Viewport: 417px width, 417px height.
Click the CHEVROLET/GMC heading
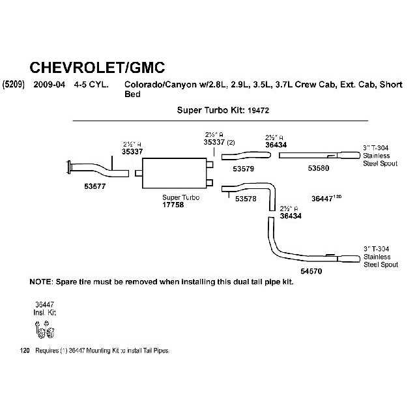(x=98, y=67)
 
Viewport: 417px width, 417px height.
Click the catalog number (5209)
(x=14, y=85)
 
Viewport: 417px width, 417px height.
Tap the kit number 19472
(x=259, y=111)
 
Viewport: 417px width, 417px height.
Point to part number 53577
(x=95, y=186)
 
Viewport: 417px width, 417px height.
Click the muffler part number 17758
(x=173, y=205)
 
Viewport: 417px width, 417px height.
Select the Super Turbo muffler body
(x=174, y=173)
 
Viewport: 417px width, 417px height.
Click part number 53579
(x=243, y=169)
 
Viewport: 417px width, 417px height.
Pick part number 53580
(x=319, y=169)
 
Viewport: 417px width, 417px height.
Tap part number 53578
(x=246, y=198)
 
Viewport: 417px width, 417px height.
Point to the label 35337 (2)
(x=219, y=141)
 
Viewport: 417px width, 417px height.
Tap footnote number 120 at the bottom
(x=25, y=351)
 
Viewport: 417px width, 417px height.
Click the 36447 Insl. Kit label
(x=45, y=308)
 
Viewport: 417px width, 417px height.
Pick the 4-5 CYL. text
(x=91, y=85)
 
